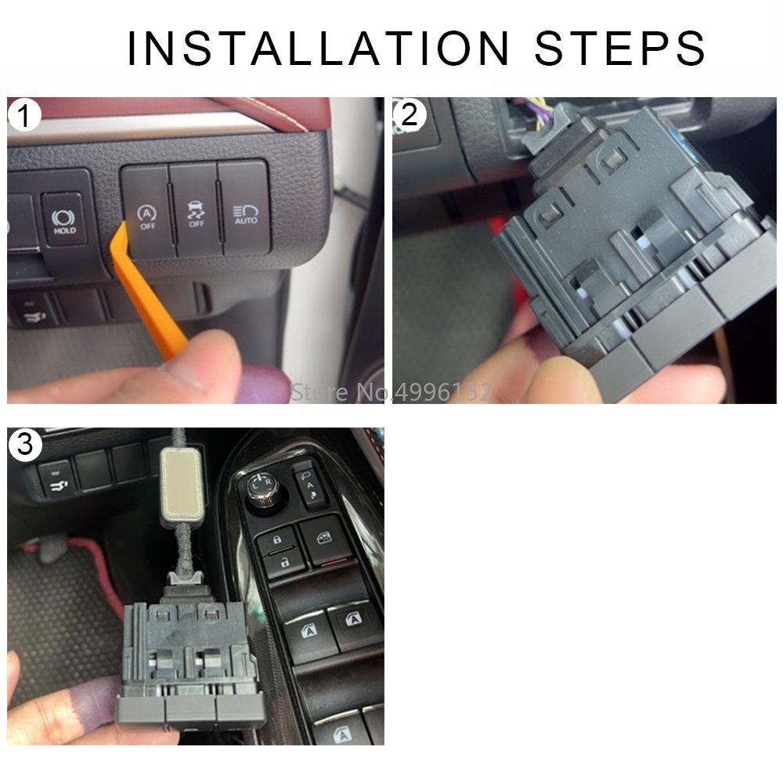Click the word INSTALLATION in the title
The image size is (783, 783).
tap(319, 48)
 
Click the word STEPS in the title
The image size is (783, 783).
tap(619, 48)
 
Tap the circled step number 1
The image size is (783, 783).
tap(24, 115)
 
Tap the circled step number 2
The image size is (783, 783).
tap(410, 115)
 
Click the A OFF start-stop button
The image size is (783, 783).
tap(147, 212)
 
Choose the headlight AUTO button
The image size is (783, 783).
tap(245, 209)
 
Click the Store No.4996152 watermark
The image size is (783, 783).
tap(391, 392)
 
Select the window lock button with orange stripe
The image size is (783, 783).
tap(326, 542)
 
